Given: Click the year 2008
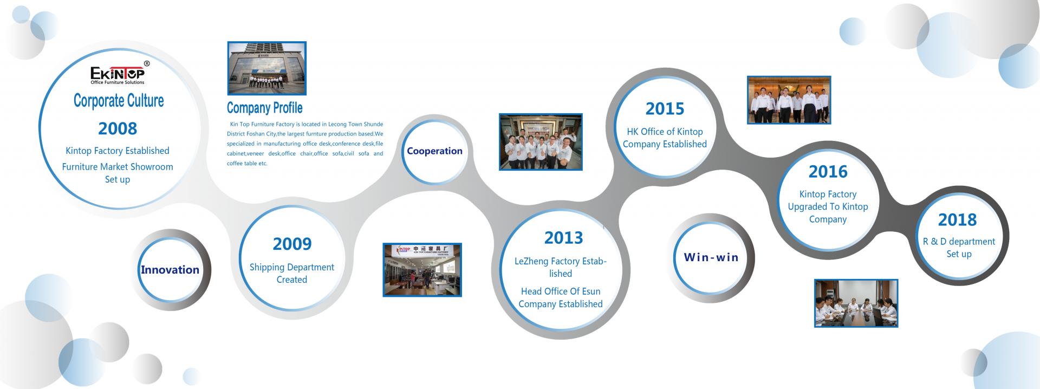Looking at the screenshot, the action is [118, 128].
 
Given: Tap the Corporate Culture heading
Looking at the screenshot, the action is [119, 101].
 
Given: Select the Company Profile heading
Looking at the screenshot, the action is [264, 108].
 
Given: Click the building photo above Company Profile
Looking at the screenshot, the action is [267, 68].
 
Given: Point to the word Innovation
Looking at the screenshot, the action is [170, 270].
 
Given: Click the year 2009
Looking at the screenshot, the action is [292, 244].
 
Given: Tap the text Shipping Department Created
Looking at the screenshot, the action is [292, 273].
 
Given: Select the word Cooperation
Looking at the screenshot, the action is [434, 151].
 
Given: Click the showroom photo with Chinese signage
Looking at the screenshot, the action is [422, 270].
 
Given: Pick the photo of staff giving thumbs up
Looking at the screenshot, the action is [541, 142].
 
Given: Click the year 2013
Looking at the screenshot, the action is [564, 238].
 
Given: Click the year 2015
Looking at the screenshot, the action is [665, 109].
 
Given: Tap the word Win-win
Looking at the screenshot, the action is [711, 257].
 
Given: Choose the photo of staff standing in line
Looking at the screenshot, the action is [789, 100].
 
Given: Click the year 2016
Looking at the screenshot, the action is [828, 172].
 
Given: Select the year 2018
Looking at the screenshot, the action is [957, 220].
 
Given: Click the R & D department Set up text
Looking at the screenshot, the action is [959, 248].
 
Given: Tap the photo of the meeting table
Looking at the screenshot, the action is [856, 303].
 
